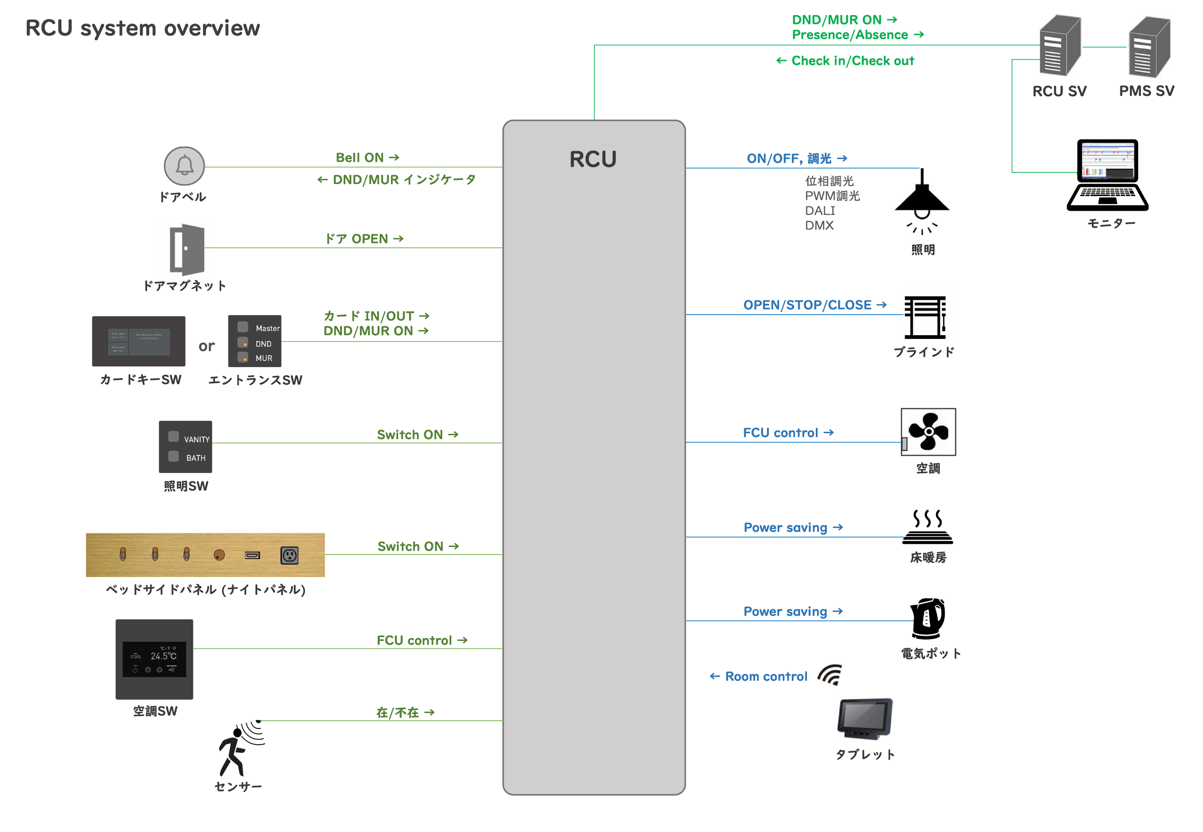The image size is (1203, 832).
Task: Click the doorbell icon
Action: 184,166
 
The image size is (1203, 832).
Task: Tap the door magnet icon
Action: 187,249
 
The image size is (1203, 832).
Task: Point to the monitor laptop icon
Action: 1107,175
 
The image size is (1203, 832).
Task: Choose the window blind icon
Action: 924,317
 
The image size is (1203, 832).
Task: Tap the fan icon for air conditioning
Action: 928,431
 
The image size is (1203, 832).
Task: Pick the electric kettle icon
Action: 928,618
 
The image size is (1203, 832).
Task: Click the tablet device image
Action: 865,718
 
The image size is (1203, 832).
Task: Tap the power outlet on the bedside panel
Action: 289,555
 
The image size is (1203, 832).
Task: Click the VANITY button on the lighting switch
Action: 173,436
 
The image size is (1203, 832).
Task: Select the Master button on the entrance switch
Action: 242,327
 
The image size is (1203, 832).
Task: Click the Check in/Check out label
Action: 852,61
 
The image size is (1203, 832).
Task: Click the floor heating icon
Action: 927,528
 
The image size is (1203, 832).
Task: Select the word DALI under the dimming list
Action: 820,211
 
